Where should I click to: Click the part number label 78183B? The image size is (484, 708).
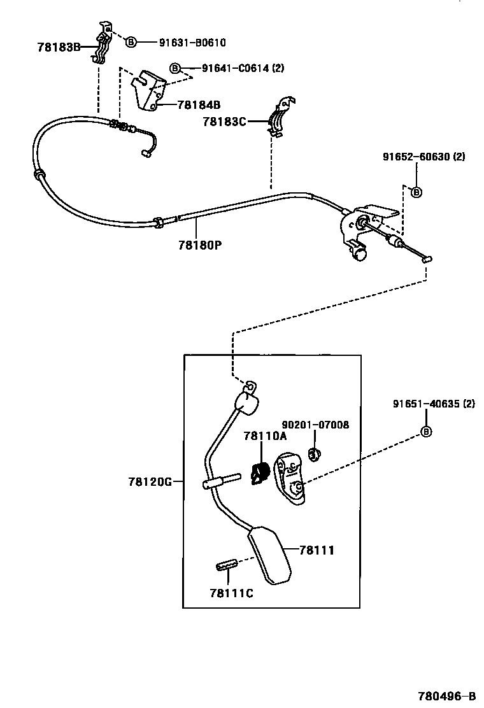(59, 47)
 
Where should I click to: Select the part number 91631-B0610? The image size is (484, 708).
(192, 43)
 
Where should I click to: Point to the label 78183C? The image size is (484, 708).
(224, 121)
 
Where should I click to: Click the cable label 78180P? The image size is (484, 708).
(200, 244)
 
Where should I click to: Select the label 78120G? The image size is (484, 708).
(150, 482)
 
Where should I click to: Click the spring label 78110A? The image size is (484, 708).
(265, 436)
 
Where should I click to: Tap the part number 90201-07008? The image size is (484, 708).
(315, 425)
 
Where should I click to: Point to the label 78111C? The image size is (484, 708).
(231, 593)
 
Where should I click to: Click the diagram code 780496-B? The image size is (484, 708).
(446, 695)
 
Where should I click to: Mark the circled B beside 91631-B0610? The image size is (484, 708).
(131, 43)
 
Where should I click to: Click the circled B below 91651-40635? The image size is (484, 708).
(426, 432)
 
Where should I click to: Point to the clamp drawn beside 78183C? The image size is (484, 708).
(279, 117)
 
